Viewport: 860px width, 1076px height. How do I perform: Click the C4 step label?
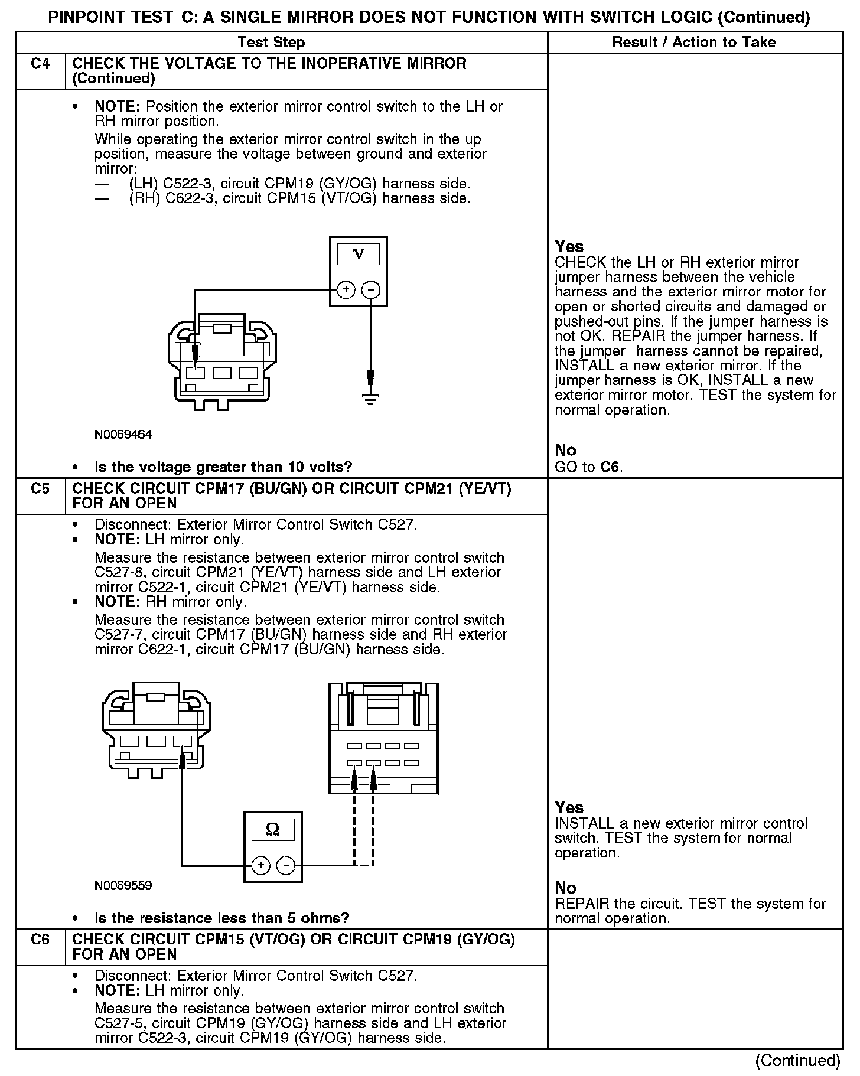(x=40, y=64)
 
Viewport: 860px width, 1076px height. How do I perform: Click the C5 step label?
(x=40, y=489)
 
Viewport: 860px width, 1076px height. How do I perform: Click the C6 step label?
(x=40, y=940)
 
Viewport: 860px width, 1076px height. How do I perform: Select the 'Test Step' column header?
(x=271, y=43)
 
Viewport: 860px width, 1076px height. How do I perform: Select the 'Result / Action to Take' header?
(x=694, y=43)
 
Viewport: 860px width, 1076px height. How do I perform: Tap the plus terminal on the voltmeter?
(x=346, y=290)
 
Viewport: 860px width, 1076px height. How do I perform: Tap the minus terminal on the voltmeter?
(x=370, y=290)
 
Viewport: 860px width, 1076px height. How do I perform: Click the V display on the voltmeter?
(x=358, y=254)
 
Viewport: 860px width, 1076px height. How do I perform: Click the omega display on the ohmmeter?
(x=273, y=830)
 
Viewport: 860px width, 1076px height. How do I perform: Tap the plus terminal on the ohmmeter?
(x=260, y=866)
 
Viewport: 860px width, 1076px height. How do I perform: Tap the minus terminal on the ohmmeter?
(x=286, y=866)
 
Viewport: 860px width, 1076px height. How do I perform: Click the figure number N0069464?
(x=123, y=435)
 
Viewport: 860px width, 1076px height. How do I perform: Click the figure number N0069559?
(x=123, y=886)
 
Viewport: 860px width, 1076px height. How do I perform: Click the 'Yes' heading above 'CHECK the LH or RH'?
(x=569, y=247)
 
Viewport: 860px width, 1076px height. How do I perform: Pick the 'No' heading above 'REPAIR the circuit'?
(x=565, y=888)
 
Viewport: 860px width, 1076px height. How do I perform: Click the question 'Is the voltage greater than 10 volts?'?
(x=223, y=467)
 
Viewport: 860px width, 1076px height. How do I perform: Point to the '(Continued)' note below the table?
(x=797, y=1061)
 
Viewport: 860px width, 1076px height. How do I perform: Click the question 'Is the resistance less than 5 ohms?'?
(x=221, y=918)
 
